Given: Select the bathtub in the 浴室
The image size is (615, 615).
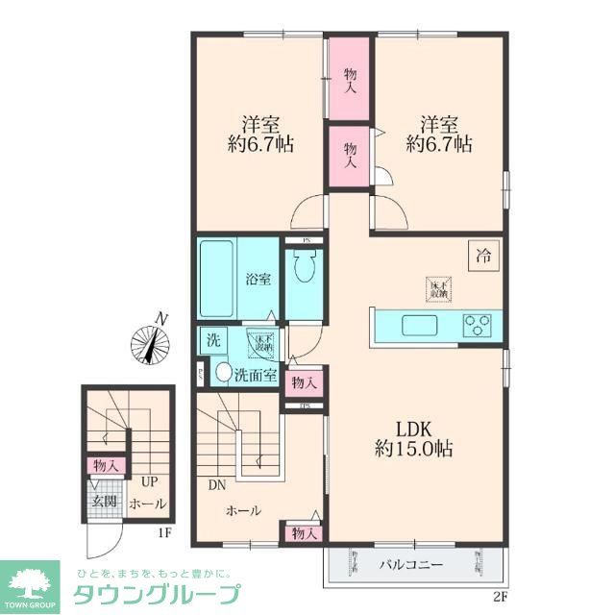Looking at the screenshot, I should pos(219,279).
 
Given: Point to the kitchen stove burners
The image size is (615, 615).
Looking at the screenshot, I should pos(477,325).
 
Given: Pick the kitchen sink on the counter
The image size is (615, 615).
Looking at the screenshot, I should pos(420,324).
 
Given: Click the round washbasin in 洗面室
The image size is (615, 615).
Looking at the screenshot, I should pos(223,373).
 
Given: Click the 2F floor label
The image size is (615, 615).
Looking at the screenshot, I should pos(500,596).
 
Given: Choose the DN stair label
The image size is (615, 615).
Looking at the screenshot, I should pos(216,484).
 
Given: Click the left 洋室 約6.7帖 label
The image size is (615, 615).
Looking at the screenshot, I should pos(260,135).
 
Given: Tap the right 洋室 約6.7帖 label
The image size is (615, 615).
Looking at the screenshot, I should pos(438,135).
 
